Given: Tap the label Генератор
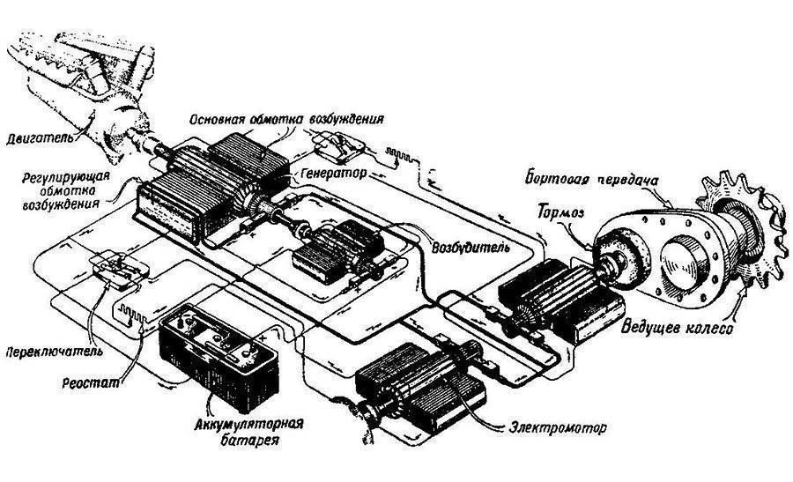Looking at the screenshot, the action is point(333,173).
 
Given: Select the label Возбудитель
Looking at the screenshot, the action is point(471,248).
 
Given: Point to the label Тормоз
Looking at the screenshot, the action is point(561,211).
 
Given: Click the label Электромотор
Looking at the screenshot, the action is point(558,428).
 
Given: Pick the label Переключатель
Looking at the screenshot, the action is point(54,351).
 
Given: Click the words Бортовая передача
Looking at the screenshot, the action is point(592,180).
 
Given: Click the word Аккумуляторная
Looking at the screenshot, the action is point(248,422).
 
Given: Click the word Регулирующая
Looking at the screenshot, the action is point(66,178).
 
